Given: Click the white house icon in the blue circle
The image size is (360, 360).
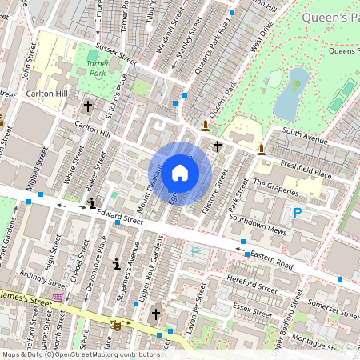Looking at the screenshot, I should pyautogui.click(x=180, y=172).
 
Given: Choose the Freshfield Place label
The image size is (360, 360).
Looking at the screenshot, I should pyautogui.click(x=306, y=164).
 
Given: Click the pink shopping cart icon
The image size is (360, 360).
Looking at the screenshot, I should pyautogui.click(x=58, y=298).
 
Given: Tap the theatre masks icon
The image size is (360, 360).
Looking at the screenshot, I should pyautogui.click(x=116, y=325).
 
